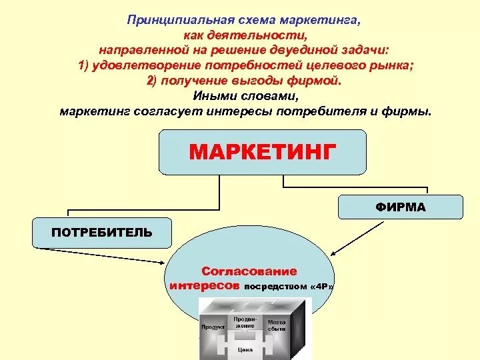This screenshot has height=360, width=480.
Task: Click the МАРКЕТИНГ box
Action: pyautogui.click(x=262, y=151)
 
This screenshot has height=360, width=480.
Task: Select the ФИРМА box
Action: pyautogui.click(x=400, y=207)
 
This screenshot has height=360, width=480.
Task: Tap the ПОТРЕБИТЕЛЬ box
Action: pyautogui.click(x=102, y=233)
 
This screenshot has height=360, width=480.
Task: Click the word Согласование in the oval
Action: pyautogui.click(x=249, y=271)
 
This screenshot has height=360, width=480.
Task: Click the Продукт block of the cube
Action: pyautogui.click(x=213, y=327)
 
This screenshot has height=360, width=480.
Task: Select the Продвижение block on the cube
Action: pyautogui.click(x=245, y=322)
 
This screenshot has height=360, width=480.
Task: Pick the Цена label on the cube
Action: pyautogui.click(x=245, y=349)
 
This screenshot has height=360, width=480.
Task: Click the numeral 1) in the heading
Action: pyautogui.click(x=84, y=65)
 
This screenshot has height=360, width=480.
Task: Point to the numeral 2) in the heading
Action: pyautogui.click(x=152, y=81)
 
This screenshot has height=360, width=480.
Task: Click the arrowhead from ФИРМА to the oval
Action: pyautogui.click(x=334, y=253)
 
